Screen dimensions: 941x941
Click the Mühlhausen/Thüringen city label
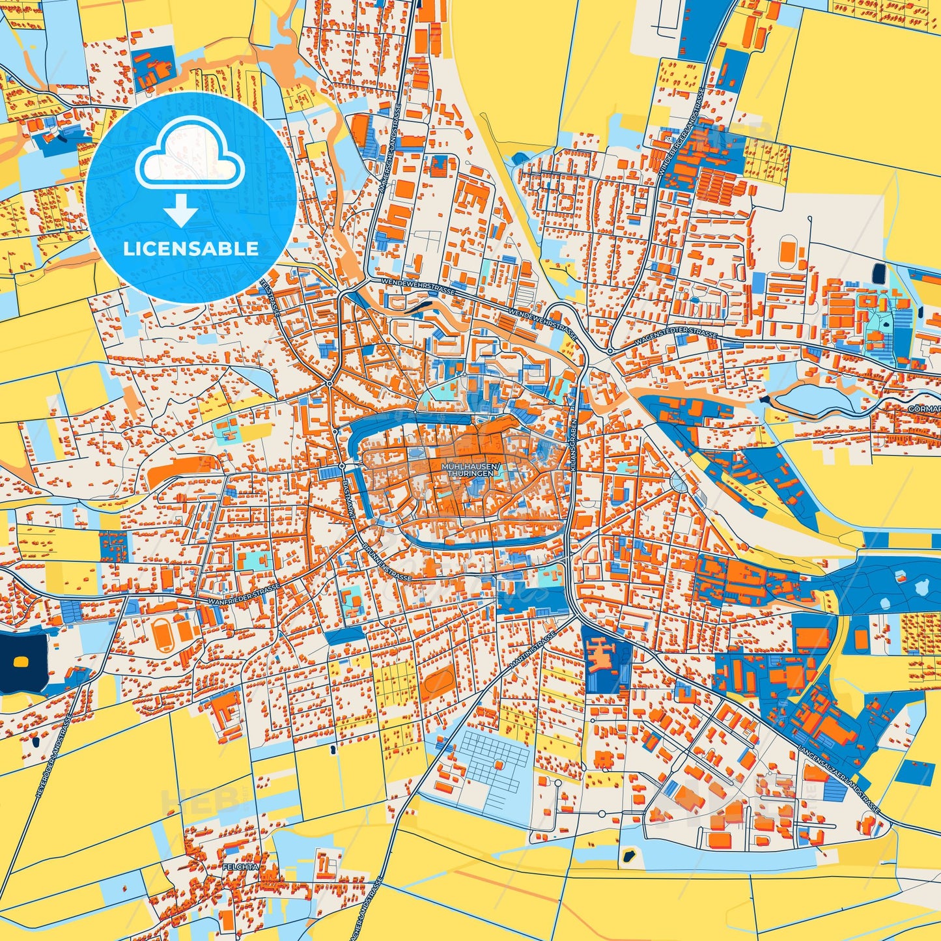[471, 470]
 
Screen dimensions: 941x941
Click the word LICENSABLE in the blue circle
[190, 248]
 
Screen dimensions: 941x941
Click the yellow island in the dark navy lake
[21, 662]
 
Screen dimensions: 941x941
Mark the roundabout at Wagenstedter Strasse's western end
[610, 351]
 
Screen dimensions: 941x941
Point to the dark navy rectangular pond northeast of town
[878, 273]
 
